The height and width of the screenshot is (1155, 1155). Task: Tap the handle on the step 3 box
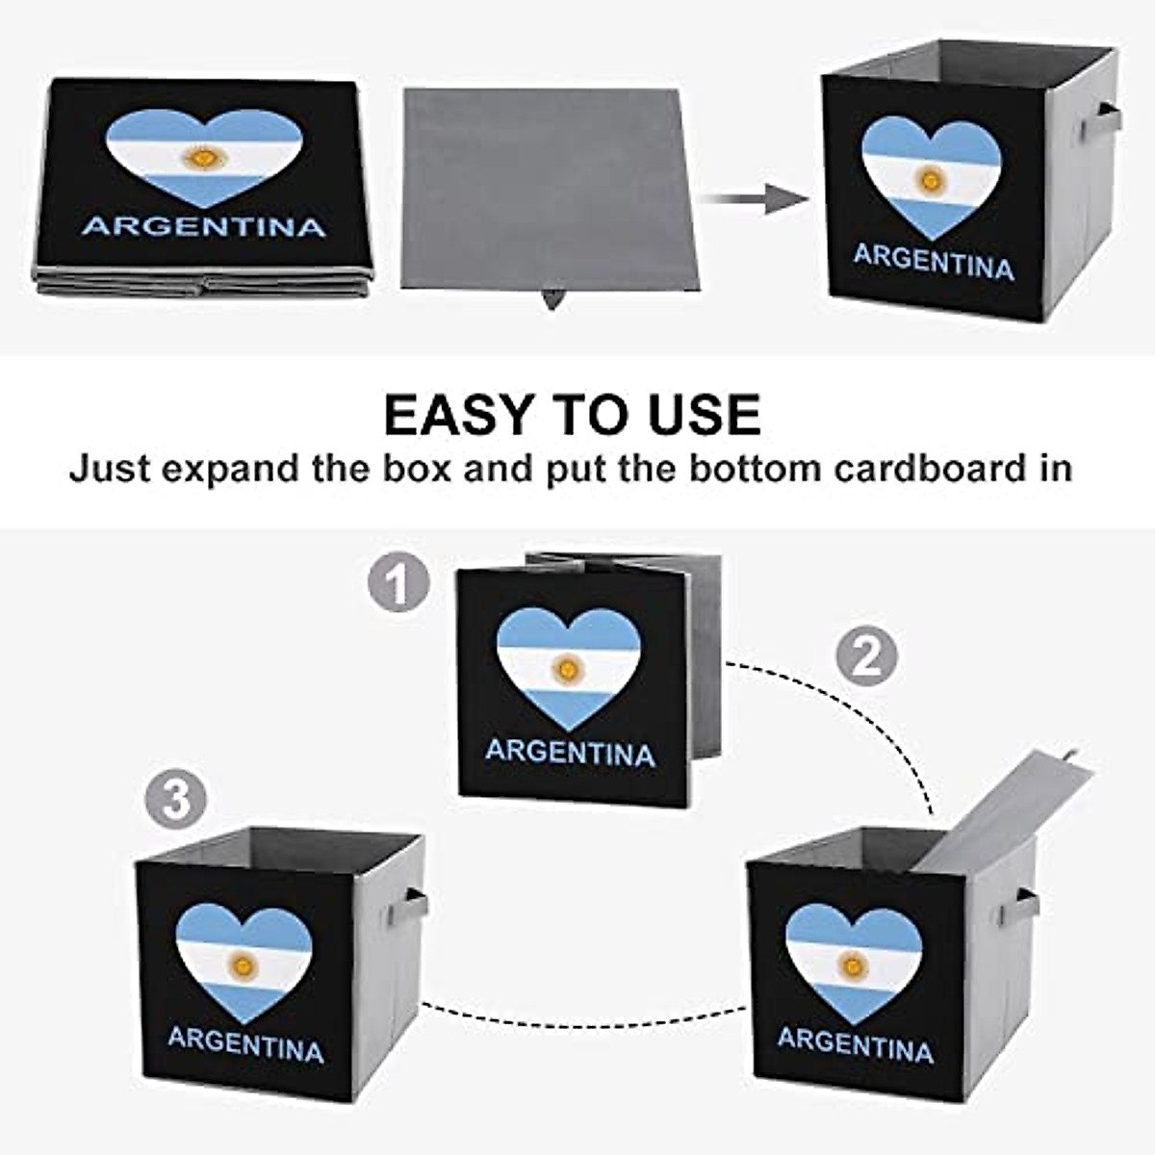[x=415, y=905]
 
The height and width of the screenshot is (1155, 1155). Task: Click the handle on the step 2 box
[x=1026, y=905]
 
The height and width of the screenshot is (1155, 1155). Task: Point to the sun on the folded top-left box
[x=203, y=155]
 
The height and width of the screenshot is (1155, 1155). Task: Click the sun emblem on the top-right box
[x=930, y=178]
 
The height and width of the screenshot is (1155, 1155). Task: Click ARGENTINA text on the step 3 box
[x=245, y=1044]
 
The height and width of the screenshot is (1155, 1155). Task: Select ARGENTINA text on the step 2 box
[x=855, y=1044]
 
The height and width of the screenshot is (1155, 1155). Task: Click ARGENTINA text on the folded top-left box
[x=204, y=226]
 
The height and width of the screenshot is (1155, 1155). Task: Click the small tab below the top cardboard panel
[x=552, y=299]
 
